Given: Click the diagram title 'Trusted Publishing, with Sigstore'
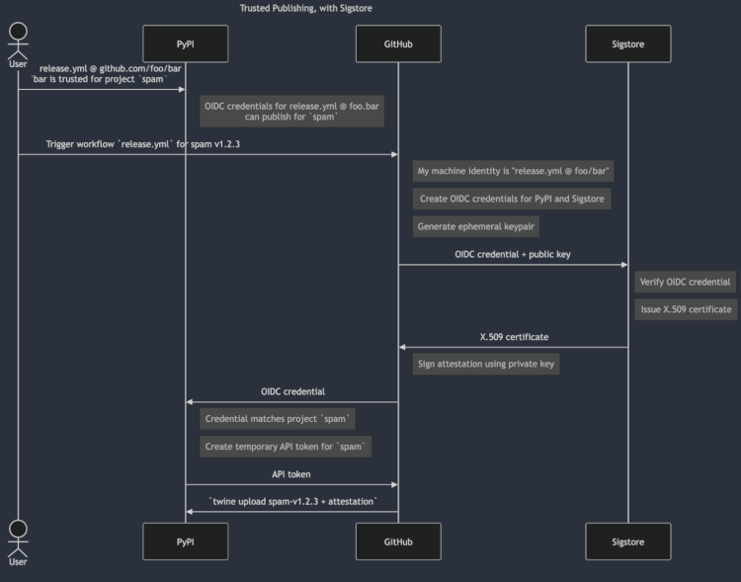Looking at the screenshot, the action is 305,8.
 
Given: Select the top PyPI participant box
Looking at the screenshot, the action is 186,43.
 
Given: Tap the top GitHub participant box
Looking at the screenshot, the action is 398,43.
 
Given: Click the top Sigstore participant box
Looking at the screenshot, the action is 628,43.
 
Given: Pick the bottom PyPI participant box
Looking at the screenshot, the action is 186,541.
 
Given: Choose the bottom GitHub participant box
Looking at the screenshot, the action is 398,541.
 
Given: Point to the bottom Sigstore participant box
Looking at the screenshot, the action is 628,541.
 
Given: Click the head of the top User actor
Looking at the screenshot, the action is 18,32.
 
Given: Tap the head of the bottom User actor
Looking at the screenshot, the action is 18,529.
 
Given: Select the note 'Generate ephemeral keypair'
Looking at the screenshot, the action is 476,226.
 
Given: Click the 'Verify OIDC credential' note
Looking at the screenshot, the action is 686,282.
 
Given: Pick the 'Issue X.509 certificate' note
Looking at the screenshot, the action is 687,309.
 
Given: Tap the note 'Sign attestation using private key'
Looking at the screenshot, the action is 486,364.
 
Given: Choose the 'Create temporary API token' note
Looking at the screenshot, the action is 286,447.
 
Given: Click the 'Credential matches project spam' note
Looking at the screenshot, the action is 278,419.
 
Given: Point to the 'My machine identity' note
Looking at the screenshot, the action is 513,171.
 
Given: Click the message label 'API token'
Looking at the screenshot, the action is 291,474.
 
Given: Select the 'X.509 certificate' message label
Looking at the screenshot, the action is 514,337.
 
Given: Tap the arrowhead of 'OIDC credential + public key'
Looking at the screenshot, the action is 624,265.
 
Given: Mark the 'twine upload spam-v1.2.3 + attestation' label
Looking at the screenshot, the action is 292,502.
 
